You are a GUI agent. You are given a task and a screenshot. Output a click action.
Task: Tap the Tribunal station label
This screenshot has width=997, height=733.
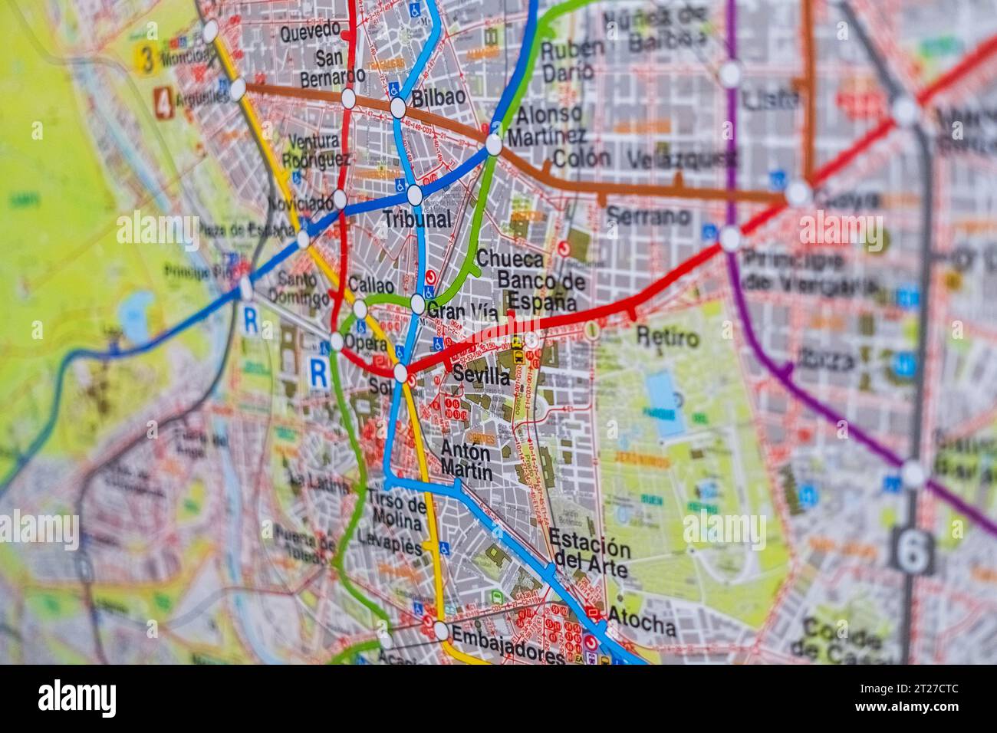[x=416, y=219]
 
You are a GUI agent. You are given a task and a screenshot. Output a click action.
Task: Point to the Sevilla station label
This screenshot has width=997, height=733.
[x=481, y=376]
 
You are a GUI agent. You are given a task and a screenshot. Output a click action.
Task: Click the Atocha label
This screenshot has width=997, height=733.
[x=643, y=626]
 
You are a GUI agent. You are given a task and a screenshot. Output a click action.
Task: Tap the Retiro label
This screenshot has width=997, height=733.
[x=667, y=337]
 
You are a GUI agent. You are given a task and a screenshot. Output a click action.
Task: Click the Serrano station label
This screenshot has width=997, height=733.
[x=648, y=217]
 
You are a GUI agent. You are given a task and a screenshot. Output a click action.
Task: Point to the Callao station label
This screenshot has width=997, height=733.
[x=370, y=284]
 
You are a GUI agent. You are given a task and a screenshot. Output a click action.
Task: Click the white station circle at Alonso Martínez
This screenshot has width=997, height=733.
[x=494, y=144]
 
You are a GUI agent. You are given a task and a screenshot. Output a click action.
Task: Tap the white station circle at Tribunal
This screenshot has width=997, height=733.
[x=414, y=196]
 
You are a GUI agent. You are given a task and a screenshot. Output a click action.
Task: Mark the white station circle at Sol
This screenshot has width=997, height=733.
[x=400, y=373]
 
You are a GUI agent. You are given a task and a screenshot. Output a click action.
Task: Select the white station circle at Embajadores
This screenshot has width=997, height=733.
[x=440, y=630]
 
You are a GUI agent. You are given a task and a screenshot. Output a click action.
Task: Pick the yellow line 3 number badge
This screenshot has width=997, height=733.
[x=143, y=61]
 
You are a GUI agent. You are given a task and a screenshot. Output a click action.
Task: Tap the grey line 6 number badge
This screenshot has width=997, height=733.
[x=912, y=550]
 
